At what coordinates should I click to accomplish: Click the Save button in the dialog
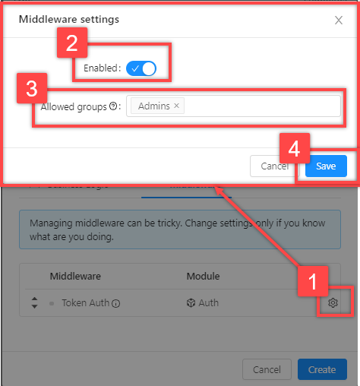(326, 166)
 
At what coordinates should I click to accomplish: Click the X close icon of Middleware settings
(339, 20)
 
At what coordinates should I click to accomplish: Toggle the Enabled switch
(141, 68)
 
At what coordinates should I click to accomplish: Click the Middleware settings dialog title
(68, 19)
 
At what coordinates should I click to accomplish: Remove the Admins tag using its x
(177, 106)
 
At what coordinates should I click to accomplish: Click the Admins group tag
(154, 106)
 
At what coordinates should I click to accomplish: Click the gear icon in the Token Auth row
(333, 303)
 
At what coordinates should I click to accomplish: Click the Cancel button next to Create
(267, 369)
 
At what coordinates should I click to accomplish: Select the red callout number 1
(311, 283)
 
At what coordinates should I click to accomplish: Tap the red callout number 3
(31, 88)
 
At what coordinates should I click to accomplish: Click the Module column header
(203, 276)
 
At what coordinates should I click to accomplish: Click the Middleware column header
(75, 276)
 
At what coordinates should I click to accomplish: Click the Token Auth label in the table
(85, 303)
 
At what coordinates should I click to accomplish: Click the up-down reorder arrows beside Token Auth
(33, 303)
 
